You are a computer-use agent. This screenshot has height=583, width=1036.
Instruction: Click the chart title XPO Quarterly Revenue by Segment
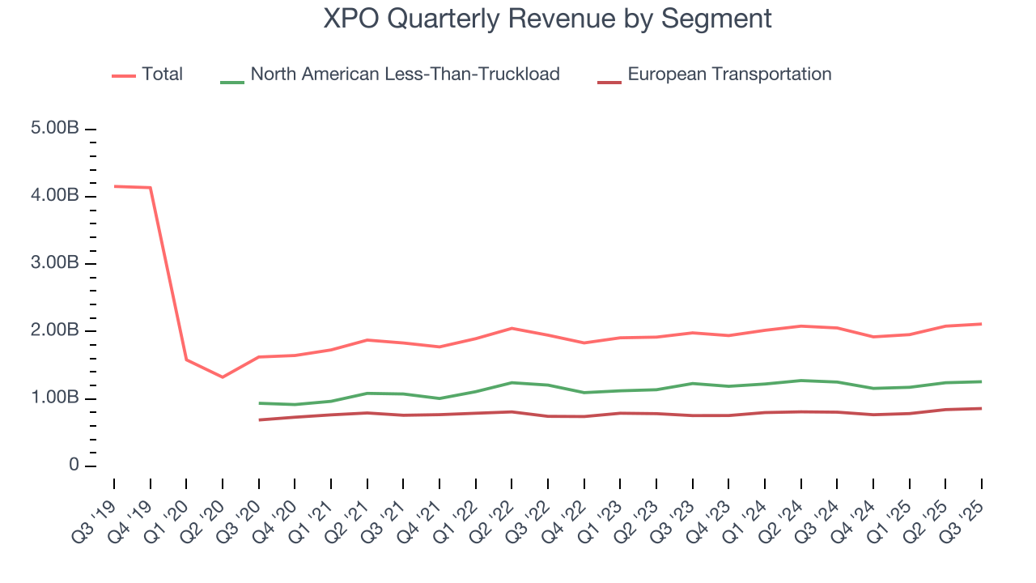(x=547, y=19)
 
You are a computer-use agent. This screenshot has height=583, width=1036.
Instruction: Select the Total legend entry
(x=162, y=74)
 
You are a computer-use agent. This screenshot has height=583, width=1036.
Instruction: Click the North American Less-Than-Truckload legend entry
(x=405, y=74)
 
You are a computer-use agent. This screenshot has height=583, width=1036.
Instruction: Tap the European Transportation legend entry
(x=728, y=74)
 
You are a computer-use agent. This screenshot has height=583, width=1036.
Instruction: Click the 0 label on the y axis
(x=74, y=466)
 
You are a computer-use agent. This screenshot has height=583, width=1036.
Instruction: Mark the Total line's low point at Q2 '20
(x=223, y=377)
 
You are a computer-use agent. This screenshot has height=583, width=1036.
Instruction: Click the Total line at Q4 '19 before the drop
(x=150, y=188)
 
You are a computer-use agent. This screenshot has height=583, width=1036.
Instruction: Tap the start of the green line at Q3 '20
(x=259, y=403)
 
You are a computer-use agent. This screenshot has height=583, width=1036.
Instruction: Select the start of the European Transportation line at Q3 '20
(x=259, y=419)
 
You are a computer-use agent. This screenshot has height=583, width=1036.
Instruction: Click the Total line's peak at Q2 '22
(x=512, y=328)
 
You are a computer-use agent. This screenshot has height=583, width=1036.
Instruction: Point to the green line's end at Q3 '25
(x=982, y=381)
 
